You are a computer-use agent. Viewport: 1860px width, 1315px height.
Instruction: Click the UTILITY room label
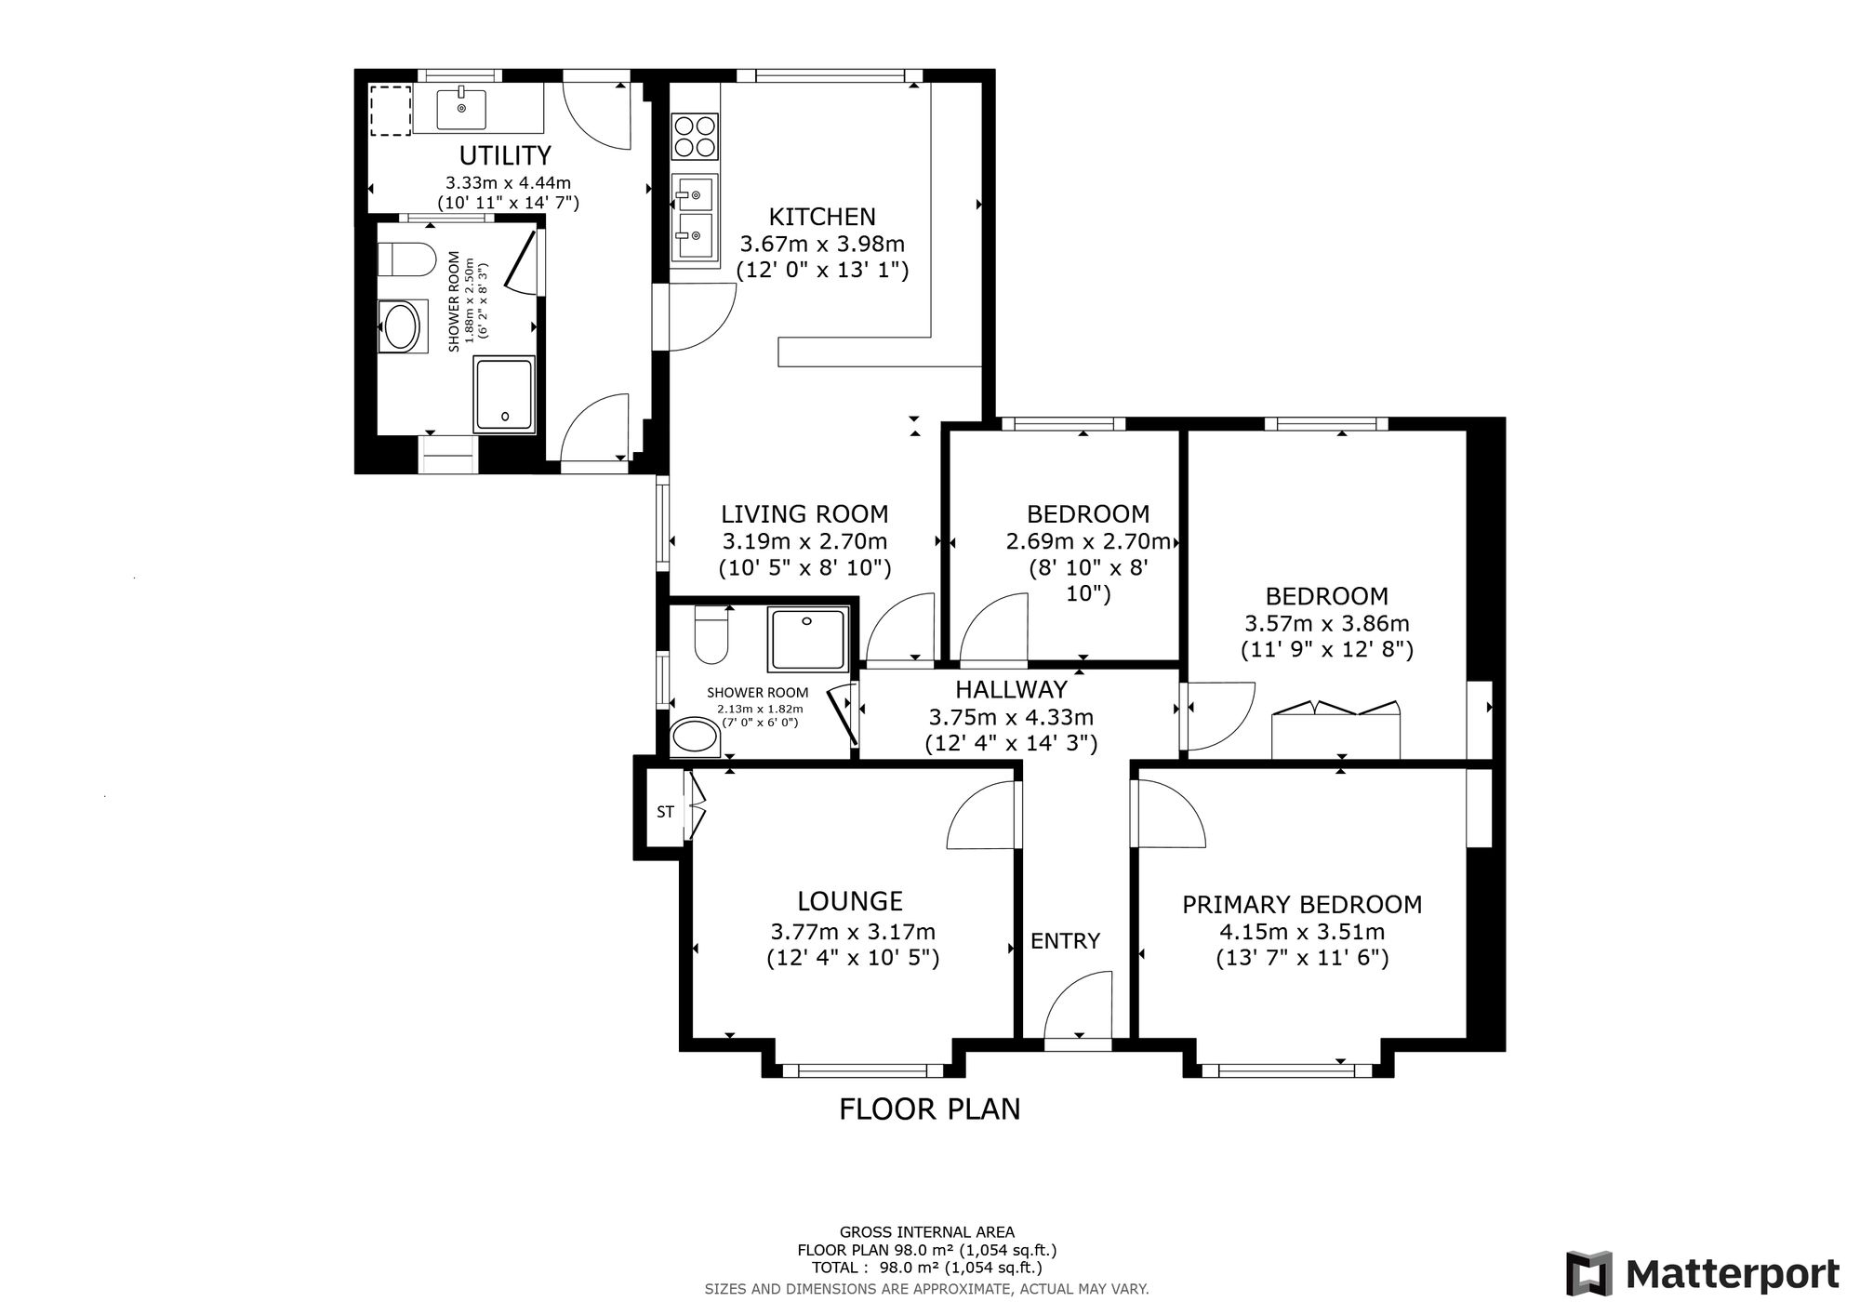505,154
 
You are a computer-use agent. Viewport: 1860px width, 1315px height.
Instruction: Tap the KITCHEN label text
822,217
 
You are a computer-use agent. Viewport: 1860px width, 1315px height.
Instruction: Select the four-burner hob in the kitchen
695,136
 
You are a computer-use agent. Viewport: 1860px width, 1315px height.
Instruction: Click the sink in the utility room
462,108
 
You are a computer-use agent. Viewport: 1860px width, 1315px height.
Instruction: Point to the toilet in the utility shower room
407,259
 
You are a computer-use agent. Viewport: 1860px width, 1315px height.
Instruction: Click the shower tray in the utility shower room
504,394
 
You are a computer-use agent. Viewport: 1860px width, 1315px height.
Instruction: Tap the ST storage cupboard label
665,812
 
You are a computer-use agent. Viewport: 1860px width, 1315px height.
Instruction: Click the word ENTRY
1065,941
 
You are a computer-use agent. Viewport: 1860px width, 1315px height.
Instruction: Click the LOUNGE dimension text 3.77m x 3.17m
853,931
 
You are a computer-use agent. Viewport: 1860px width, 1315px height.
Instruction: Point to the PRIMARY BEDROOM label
1302,904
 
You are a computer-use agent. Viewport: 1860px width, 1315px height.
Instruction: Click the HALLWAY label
1011,689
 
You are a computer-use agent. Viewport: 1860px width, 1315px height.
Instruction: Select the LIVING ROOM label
804,513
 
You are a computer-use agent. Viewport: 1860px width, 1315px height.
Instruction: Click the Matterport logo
1702,1273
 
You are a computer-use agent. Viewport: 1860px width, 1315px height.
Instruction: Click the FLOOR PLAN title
930,1109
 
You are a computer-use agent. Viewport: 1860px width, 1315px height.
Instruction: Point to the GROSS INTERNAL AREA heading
927,1233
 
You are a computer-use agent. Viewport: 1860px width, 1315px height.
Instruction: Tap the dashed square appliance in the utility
391,111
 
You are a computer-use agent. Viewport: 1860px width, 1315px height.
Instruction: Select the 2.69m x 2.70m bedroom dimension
1088,541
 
